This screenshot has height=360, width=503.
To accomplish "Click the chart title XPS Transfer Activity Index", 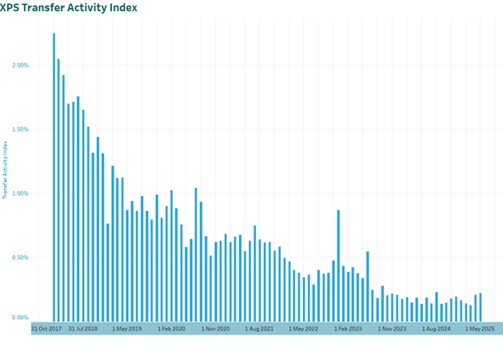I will (70, 7).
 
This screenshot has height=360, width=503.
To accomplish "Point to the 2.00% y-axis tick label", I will (18, 65).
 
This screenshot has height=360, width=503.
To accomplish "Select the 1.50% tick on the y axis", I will (18, 129).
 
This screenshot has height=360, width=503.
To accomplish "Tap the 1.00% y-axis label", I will (18, 193).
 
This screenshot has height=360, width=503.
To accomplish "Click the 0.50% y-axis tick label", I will (18, 258).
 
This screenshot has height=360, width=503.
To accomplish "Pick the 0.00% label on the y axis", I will (18, 318).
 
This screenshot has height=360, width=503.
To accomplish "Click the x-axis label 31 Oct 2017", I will (46, 329).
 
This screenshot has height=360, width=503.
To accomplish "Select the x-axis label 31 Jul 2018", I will (83, 329).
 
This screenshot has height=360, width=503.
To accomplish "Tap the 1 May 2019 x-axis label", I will (126, 329).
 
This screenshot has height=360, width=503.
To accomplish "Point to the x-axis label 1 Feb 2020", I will (171, 329).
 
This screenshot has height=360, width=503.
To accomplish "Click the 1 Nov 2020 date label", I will (215, 329).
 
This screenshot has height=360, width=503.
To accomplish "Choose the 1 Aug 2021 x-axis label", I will (259, 329).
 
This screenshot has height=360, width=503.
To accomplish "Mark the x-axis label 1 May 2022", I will (304, 329).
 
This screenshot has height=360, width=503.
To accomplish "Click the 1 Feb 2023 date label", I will (348, 329).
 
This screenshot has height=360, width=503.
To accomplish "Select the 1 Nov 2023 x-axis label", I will (392, 329).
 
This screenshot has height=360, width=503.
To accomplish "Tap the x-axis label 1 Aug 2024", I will (437, 329).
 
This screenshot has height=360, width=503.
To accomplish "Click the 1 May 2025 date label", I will (481, 329).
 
